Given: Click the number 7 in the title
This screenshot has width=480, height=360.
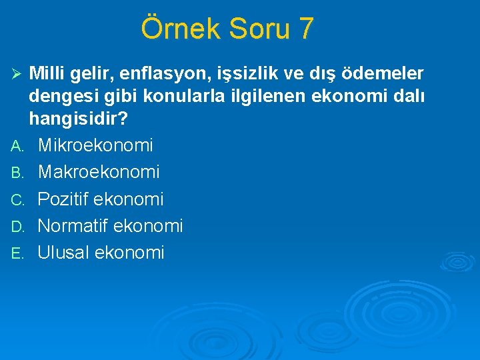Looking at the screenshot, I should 305,29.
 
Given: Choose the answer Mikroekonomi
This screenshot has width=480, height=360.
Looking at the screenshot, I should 95,145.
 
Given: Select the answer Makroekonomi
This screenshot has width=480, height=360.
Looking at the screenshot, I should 99,172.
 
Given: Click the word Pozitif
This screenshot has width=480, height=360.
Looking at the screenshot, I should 64,199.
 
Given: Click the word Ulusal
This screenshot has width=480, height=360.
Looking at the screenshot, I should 64,253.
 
